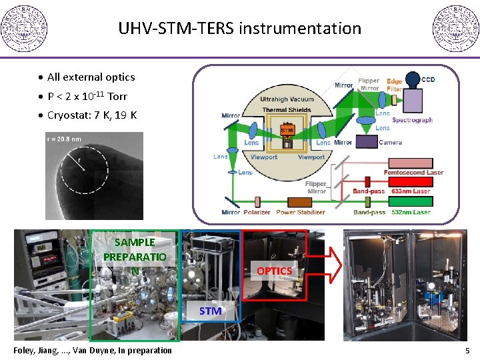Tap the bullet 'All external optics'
click(x=91, y=77)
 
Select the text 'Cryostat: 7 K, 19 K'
click(x=92, y=115)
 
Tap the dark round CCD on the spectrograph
click(x=413, y=79)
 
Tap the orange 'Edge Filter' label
click(x=394, y=85)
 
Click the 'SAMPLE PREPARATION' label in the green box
click(x=135, y=257)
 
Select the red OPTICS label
click(x=274, y=271)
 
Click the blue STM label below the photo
click(x=210, y=311)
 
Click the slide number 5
click(x=467, y=351)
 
